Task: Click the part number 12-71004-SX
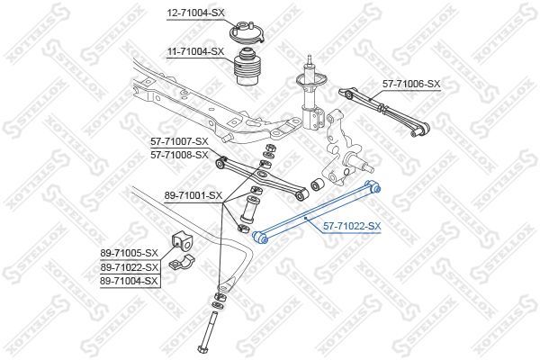coord(195,13)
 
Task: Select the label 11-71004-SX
coord(195,51)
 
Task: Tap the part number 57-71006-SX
coord(411,84)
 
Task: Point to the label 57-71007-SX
coord(179,141)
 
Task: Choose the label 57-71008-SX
coord(179,155)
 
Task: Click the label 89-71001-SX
coord(193,195)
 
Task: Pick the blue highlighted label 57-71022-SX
coord(352,226)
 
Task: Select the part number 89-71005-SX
coord(129,253)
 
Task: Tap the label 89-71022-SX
coord(129,267)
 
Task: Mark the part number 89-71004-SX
coord(129,281)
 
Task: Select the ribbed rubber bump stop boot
coord(247,67)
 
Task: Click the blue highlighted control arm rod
coord(316,212)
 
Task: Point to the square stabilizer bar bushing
coord(181,242)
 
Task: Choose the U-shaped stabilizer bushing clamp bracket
coord(181,263)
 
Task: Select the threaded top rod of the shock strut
coord(310,61)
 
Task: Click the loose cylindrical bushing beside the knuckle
coord(317,185)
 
